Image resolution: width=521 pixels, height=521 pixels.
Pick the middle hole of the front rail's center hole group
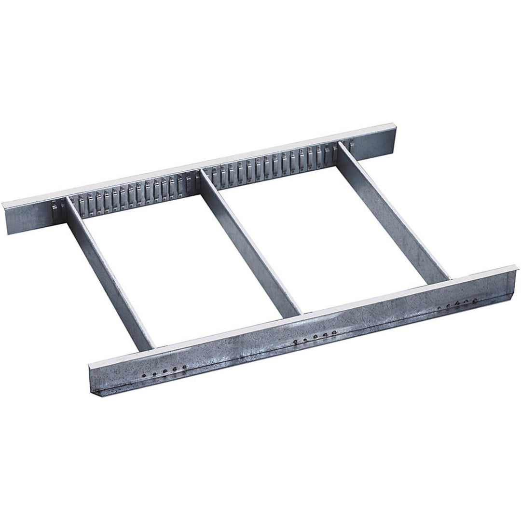[x=315, y=337]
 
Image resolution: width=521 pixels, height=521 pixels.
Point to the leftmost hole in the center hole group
[x=295, y=342]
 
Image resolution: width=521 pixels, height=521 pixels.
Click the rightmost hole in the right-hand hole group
[x=475, y=300]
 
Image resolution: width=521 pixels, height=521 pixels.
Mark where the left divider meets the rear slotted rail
[x=67, y=202]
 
